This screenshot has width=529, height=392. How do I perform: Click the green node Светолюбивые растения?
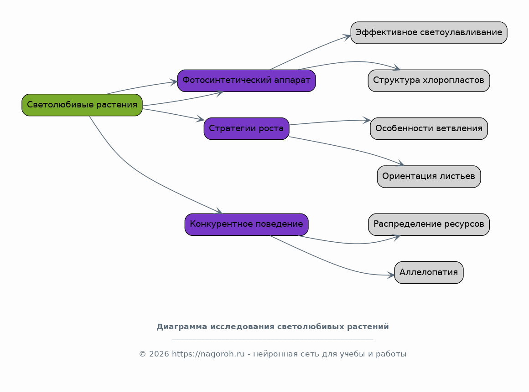[x=82, y=105]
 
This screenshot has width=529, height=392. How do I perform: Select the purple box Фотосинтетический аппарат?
[x=246, y=81]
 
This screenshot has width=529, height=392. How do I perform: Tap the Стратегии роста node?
[x=246, y=129]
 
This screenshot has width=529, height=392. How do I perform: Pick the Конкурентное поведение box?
[x=246, y=224]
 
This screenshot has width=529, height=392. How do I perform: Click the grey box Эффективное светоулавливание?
[x=429, y=33]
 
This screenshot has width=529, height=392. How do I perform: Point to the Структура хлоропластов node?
[x=429, y=81]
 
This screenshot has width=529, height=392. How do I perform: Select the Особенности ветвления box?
[x=429, y=129]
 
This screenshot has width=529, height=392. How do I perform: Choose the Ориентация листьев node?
[x=429, y=177]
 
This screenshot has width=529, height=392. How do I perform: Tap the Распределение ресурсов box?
[x=429, y=224]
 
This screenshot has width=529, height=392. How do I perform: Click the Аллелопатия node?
[x=429, y=272]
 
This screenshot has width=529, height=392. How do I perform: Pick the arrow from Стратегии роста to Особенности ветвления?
[x=330, y=121]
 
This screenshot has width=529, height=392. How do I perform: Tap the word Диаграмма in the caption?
[x=177, y=327]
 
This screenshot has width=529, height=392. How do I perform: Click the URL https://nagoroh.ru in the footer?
[x=208, y=354]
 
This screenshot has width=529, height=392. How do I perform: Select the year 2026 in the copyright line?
[x=159, y=354]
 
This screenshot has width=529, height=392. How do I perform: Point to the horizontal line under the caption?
[x=273, y=340]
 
